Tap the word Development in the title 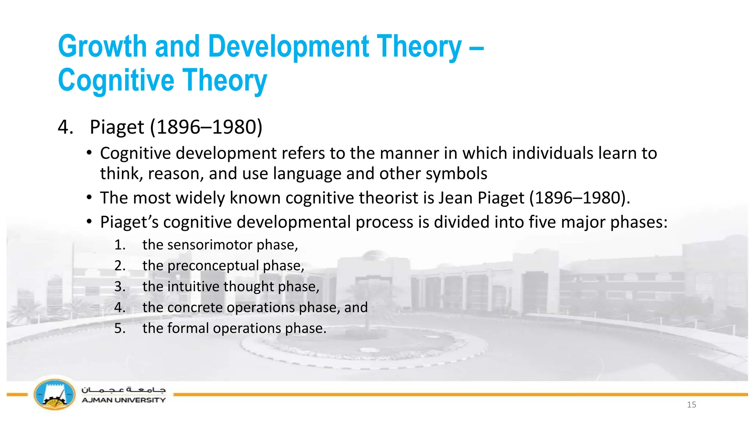click(x=288, y=47)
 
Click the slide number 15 click(x=691, y=405)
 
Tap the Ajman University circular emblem click(x=54, y=395)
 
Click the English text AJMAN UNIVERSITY click(x=124, y=400)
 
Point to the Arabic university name click(x=124, y=389)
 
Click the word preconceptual click(x=213, y=266)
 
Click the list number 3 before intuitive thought click(x=120, y=287)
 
